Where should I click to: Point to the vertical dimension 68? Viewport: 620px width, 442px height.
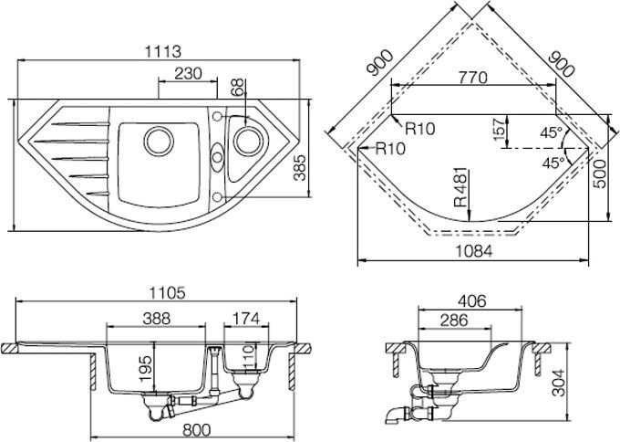tap(238, 88)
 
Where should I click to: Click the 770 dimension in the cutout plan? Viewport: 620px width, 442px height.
tap(473, 78)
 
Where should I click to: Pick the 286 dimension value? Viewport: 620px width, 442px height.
tap(454, 320)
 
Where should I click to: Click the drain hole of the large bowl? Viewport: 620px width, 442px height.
tap(158, 141)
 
